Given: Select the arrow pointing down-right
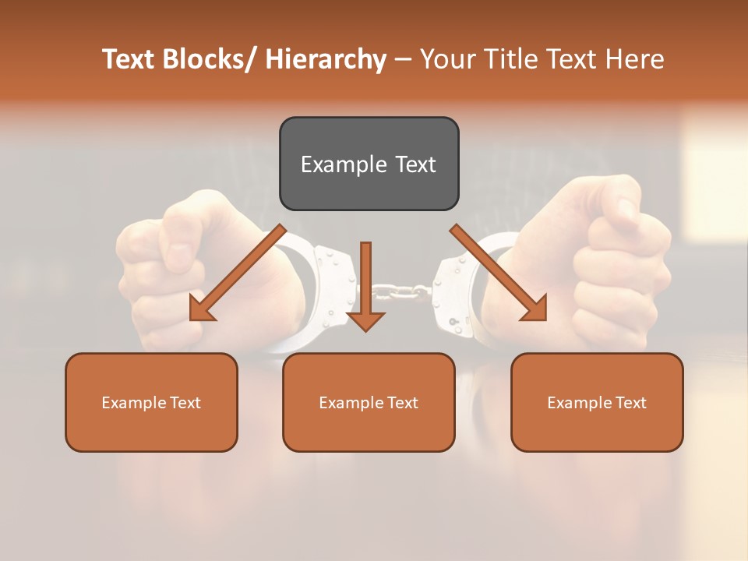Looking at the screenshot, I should pyautogui.click(x=499, y=273).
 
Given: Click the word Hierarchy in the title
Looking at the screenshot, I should pyautogui.click(x=326, y=59).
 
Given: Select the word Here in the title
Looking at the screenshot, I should pyautogui.click(x=634, y=59).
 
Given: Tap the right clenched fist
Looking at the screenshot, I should pyautogui.click(x=616, y=265).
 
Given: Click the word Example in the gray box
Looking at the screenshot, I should pyautogui.click(x=343, y=164).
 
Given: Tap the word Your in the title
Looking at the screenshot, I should pyautogui.click(x=446, y=59).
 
